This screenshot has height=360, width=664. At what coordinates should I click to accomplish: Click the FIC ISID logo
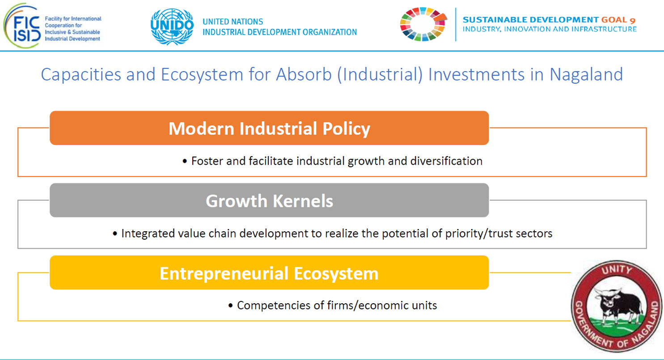point(22,26)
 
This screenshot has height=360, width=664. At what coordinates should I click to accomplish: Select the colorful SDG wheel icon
point(423,24)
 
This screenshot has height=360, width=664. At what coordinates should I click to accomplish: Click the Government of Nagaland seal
point(617,306)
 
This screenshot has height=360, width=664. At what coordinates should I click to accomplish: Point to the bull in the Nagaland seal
point(618,307)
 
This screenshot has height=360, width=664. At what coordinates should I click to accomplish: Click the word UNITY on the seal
point(617,270)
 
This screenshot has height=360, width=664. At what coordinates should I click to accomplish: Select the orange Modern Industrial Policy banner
point(269,128)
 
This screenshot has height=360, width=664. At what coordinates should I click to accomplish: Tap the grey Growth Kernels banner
point(269,200)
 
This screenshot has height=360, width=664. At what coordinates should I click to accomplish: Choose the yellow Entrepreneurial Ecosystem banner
point(269,272)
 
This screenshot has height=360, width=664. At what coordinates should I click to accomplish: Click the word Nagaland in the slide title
point(586,74)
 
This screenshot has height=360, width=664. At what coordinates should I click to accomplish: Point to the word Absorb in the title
point(304,74)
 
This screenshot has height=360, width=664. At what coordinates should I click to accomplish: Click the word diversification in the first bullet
point(446,161)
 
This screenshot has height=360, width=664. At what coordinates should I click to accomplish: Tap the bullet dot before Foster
point(185,161)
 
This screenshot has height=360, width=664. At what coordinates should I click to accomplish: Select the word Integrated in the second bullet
point(148,234)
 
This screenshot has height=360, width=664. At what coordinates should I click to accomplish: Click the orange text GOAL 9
point(618,20)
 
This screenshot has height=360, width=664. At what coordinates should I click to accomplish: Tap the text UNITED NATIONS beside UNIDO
point(233,21)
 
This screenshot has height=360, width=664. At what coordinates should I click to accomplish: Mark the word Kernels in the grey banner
point(303,201)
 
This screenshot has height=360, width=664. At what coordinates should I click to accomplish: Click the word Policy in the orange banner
point(346,129)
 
